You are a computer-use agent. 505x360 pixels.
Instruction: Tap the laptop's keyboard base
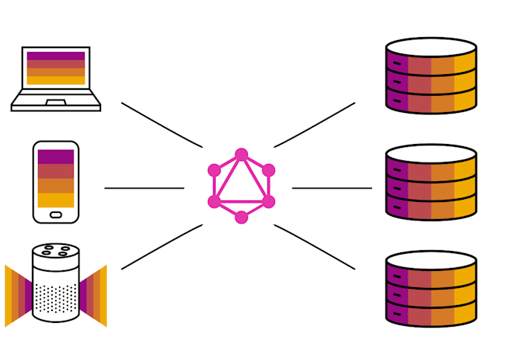(56, 104)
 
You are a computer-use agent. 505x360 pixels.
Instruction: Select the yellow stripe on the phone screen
(56, 200)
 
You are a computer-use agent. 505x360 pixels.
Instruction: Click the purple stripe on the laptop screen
(56, 56)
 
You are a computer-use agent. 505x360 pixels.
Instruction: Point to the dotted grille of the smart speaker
(56, 297)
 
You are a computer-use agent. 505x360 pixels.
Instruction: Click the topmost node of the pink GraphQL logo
(241, 154)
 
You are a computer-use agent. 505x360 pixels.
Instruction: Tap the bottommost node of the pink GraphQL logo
(241, 217)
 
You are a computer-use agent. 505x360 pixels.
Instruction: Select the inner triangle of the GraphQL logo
(241, 189)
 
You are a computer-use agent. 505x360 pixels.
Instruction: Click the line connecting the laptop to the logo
(161, 125)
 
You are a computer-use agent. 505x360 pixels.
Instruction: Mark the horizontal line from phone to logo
(144, 188)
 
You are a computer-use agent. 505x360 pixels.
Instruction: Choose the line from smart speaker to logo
(161, 246)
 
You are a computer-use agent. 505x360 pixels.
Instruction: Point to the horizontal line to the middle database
(332, 188)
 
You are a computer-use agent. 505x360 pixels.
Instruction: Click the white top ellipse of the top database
(431, 47)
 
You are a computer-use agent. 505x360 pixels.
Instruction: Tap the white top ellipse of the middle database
(431, 154)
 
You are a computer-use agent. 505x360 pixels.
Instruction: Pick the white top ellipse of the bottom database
(431, 261)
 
